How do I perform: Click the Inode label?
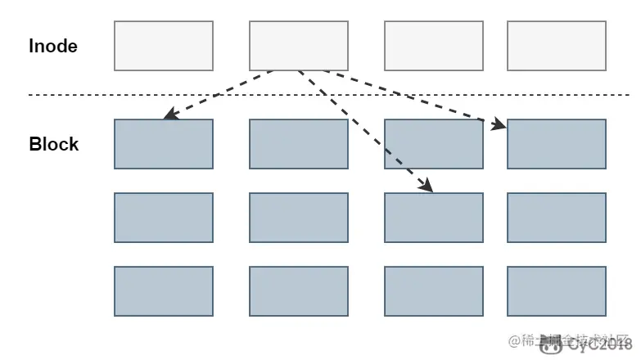53,46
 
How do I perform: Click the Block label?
54,144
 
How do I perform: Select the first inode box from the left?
164,46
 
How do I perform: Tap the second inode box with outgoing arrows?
299,46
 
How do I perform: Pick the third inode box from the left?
434,46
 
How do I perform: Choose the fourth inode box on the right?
557,46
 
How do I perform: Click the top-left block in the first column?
164,144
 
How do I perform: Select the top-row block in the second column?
299,144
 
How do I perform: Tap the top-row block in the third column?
434,144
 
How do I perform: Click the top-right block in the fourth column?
557,144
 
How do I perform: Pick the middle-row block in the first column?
164,218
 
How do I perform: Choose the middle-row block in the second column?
299,218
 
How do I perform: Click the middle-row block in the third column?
434,218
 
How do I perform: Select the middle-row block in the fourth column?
557,218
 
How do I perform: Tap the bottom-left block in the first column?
164,291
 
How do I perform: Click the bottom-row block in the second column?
299,291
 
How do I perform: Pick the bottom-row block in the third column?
434,291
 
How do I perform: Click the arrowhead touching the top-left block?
169,116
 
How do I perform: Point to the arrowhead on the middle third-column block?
426,187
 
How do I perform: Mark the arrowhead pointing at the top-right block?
500,124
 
